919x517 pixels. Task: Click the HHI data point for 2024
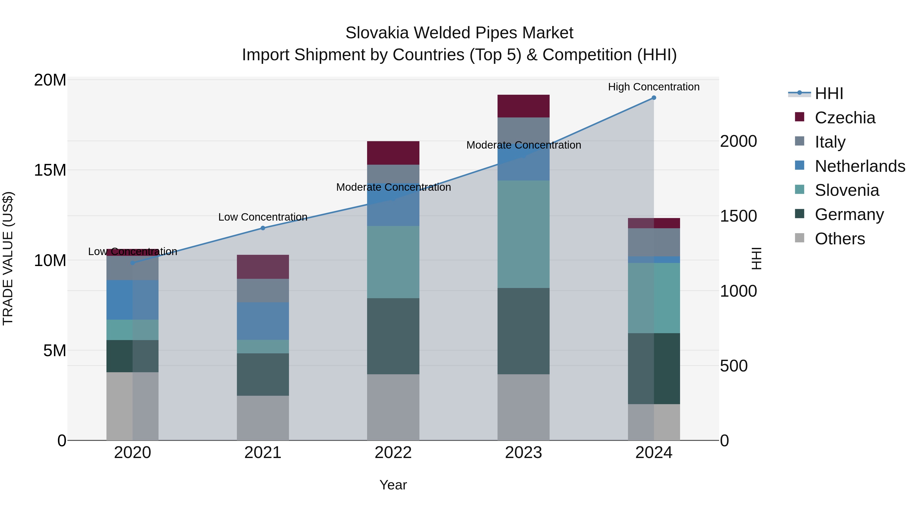654,98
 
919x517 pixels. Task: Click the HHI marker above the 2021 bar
263,228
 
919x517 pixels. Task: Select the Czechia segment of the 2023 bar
523,106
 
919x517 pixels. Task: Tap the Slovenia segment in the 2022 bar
393,262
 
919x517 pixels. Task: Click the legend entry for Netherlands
860,166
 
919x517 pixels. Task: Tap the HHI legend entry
829,93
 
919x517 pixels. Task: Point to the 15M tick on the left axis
50,170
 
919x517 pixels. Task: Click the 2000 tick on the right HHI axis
738,141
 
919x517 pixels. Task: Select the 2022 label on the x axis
393,453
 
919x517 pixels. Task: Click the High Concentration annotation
654,87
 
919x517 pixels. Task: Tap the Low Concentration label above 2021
263,217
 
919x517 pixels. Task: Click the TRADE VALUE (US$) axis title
8,258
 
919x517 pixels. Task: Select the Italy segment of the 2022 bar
393,174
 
